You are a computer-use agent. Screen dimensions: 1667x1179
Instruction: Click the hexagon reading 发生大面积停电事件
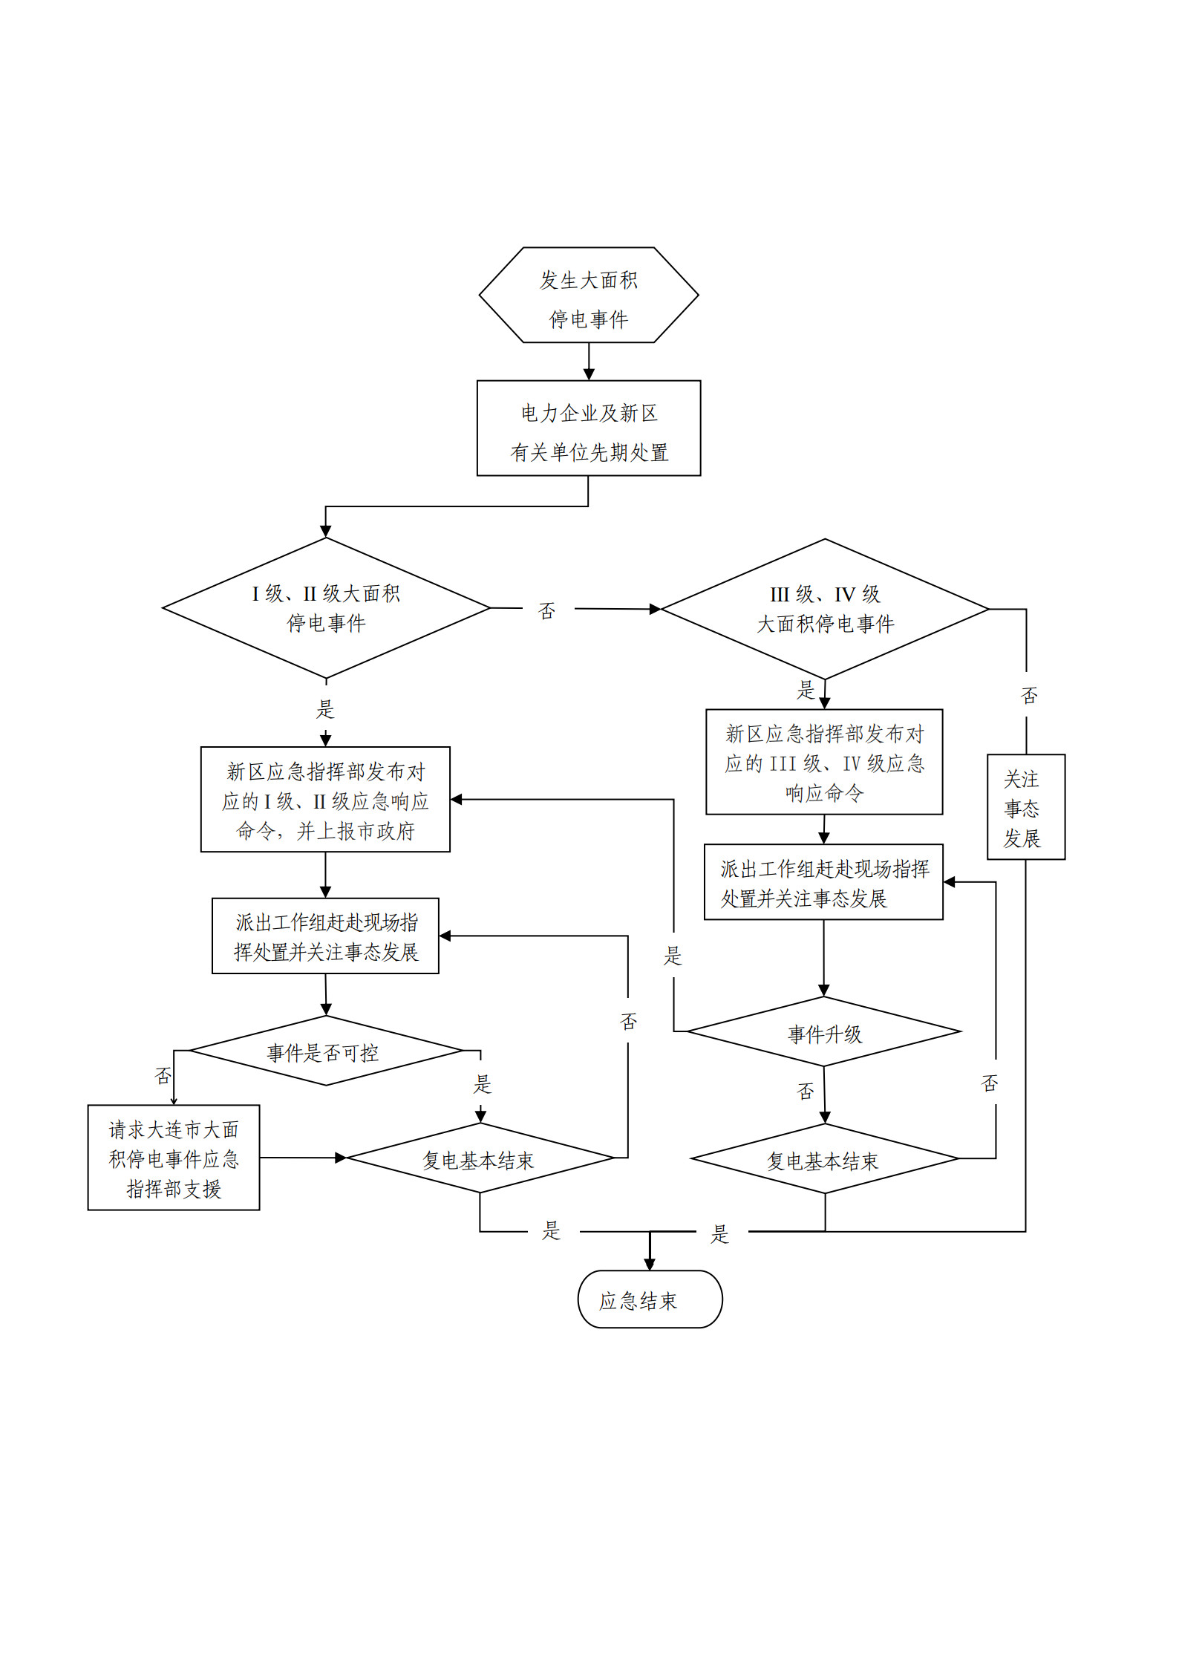588,295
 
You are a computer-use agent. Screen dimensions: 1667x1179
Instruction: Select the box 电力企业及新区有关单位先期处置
588,428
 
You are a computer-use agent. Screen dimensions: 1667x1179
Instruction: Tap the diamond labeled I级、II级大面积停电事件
325,608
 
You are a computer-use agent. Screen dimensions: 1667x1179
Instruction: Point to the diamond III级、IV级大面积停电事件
824,609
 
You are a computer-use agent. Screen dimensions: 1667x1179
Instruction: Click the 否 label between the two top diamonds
547,610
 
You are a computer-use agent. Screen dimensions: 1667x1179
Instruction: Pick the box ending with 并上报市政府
325,800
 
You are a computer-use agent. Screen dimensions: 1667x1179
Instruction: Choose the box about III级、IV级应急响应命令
824,762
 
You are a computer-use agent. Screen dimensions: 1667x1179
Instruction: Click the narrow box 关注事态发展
1025,807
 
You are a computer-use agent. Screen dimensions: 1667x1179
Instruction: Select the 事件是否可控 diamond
325,1051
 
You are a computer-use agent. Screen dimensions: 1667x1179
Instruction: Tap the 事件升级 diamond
824,1032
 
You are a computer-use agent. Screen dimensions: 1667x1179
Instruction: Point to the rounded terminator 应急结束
650,1299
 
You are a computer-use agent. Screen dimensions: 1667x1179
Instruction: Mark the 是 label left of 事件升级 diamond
673,955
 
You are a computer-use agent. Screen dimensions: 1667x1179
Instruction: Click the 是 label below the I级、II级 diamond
325,708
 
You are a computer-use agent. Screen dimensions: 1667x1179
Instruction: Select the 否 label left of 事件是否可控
163,1075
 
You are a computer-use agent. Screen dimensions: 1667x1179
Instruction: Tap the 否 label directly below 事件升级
806,1091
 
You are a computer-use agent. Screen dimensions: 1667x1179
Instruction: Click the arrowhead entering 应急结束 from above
650,1264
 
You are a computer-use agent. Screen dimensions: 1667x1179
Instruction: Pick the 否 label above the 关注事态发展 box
1029,695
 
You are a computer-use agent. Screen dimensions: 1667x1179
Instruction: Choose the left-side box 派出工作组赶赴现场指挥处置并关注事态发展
325,936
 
